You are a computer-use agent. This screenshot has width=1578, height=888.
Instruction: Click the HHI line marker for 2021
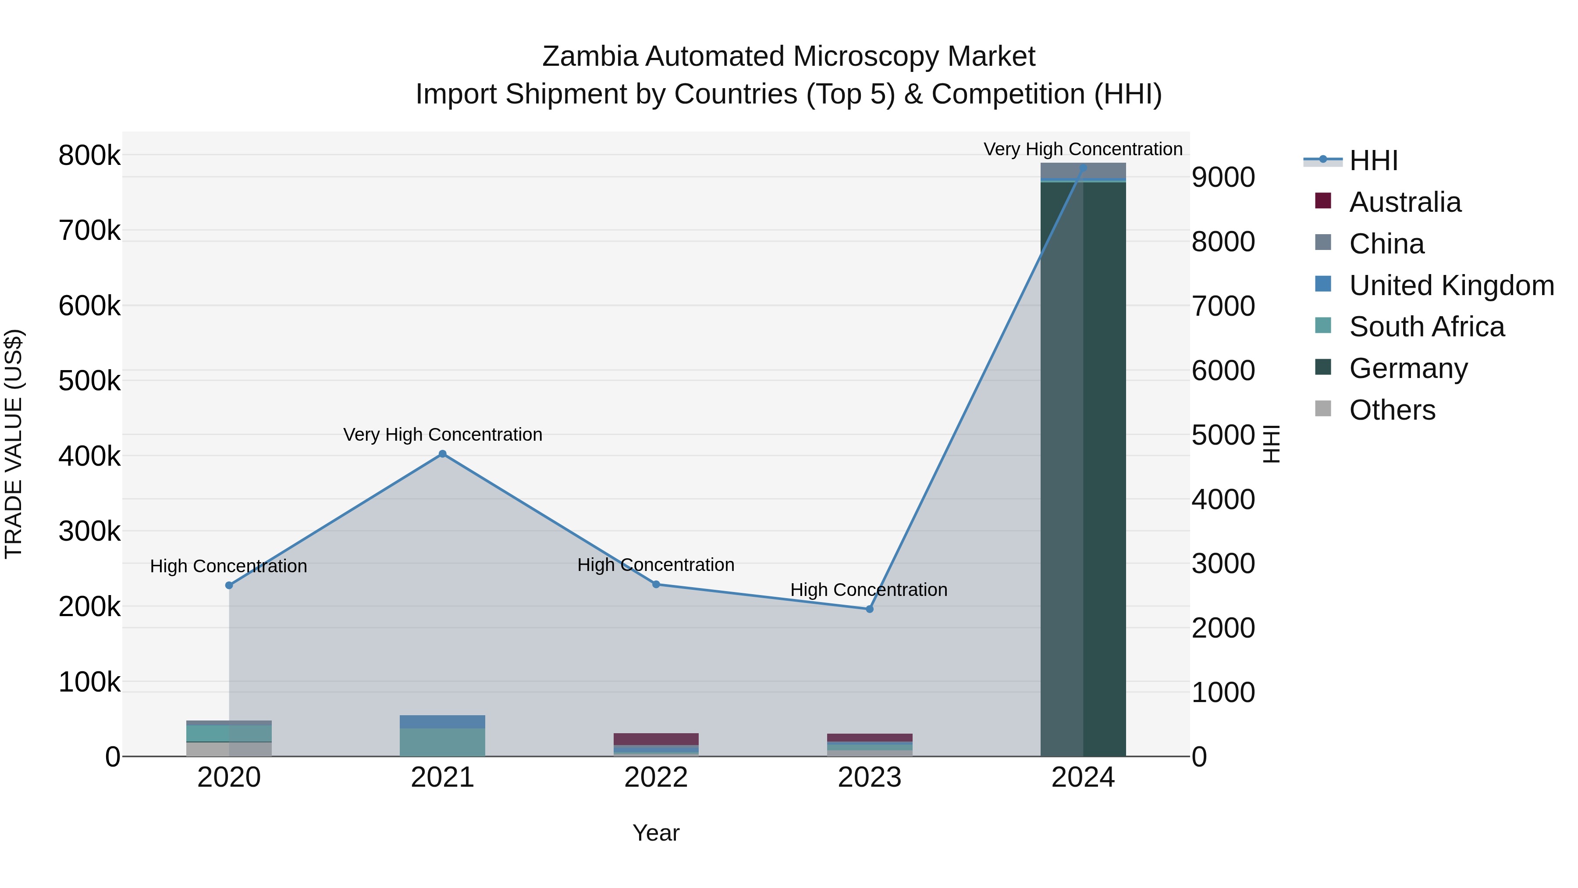[x=442, y=454]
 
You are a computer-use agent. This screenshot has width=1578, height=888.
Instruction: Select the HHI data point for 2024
[x=1083, y=168]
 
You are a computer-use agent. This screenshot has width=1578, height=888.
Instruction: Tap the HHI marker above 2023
[x=869, y=609]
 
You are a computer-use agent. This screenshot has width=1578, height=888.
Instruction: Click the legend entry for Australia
[x=1405, y=202]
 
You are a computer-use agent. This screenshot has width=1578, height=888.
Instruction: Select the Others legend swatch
[x=1323, y=409]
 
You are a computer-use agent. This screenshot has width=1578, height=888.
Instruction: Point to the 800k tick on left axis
[x=89, y=156]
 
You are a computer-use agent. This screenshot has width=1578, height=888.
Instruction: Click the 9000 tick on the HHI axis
[x=1223, y=178]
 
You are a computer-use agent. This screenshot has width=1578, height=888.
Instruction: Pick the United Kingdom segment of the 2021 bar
[x=442, y=722]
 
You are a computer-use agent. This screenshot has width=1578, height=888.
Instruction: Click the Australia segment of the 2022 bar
[x=655, y=739]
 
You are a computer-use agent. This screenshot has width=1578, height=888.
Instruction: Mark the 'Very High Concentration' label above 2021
[x=442, y=435]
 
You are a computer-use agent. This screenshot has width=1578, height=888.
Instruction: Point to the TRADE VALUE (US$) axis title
[x=14, y=444]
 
